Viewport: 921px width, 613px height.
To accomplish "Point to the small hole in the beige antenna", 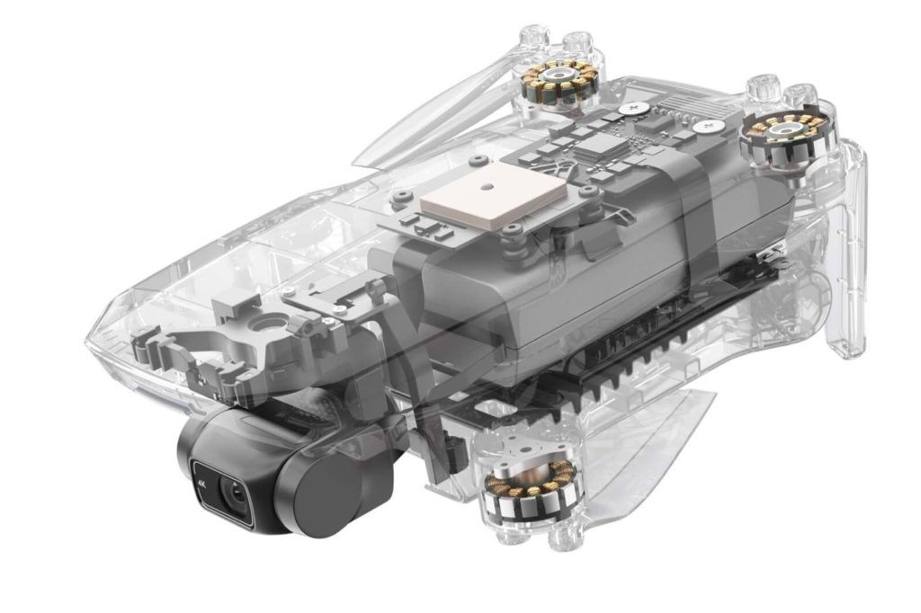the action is [x=485, y=187].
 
